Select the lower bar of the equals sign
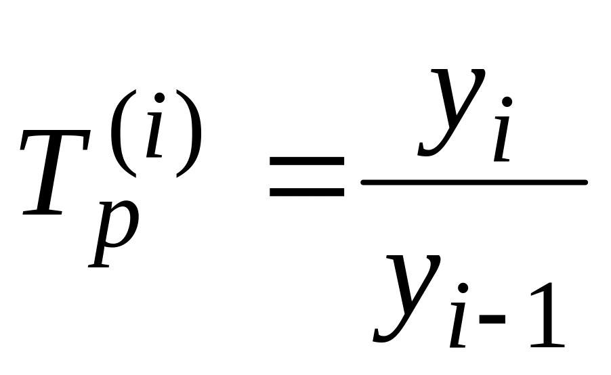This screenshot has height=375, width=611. click(x=306, y=192)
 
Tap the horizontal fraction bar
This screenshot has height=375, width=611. click(x=473, y=182)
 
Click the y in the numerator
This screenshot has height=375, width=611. click(x=452, y=108)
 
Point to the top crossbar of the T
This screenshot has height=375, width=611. click(x=61, y=133)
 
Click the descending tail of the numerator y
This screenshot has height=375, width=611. click(x=430, y=149)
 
